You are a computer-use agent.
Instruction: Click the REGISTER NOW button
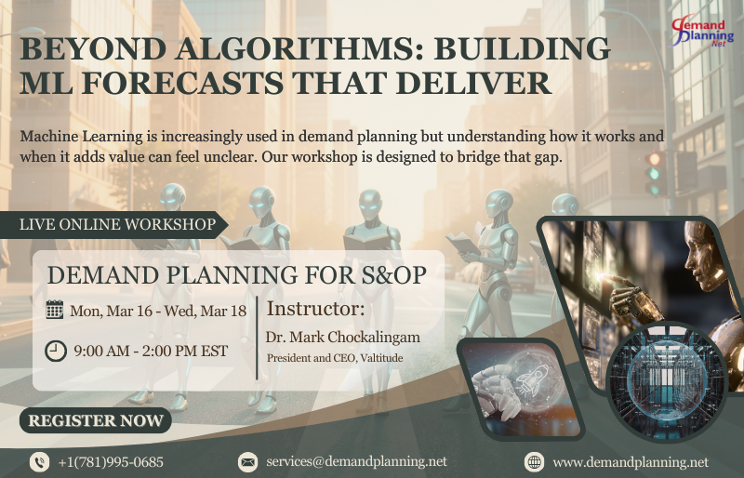tap(96, 420)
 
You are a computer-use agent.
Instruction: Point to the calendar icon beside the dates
tap(55, 310)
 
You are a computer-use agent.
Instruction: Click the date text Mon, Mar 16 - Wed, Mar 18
tap(159, 311)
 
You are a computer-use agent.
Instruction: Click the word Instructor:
tap(316, 309)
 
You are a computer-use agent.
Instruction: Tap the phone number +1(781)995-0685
tap(111, 461)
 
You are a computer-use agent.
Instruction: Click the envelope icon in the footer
tap(247, 461)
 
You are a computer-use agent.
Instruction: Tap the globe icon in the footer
tap(534, 461)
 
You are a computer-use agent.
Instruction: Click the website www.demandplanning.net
tap(630, 461)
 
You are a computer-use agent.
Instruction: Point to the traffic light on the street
tap(657, 172)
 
